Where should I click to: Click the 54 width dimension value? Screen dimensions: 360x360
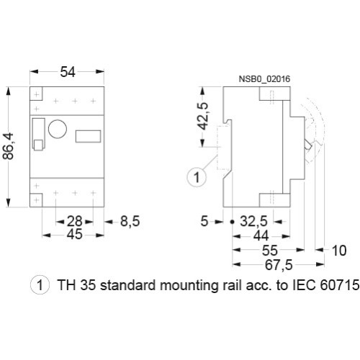click(x=68, y=72)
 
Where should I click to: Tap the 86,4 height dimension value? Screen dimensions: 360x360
click(x=9, y=146)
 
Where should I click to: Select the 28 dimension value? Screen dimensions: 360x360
click(x=75, y=221)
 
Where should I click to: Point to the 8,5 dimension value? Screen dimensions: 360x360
click(x=130, y=221)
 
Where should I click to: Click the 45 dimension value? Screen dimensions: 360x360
click(x=75, y=235)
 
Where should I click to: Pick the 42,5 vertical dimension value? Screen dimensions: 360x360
click(x=204, y=116)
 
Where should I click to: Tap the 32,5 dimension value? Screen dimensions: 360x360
click(x=253, y=221)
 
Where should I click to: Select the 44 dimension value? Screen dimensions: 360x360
click(x=261, y=236)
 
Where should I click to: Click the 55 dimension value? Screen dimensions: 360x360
click(x=270, y=251)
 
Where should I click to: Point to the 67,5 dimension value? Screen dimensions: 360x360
click(x=279, y=265)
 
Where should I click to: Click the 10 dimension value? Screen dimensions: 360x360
click(x=339, y=251)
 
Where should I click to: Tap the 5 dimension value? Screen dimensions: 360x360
click(x=204, y=221)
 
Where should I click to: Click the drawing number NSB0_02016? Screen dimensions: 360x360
click(x=264, y=78)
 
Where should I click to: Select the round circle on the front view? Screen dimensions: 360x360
click(x=58, y=120)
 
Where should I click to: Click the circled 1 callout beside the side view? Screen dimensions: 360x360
click(x=197, y=177)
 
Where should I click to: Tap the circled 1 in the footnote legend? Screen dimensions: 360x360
click(x=40, y=285)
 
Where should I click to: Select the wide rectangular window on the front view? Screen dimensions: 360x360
click(x=88, y=136)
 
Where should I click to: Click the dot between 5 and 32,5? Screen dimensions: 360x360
click(x=232, y=222)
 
